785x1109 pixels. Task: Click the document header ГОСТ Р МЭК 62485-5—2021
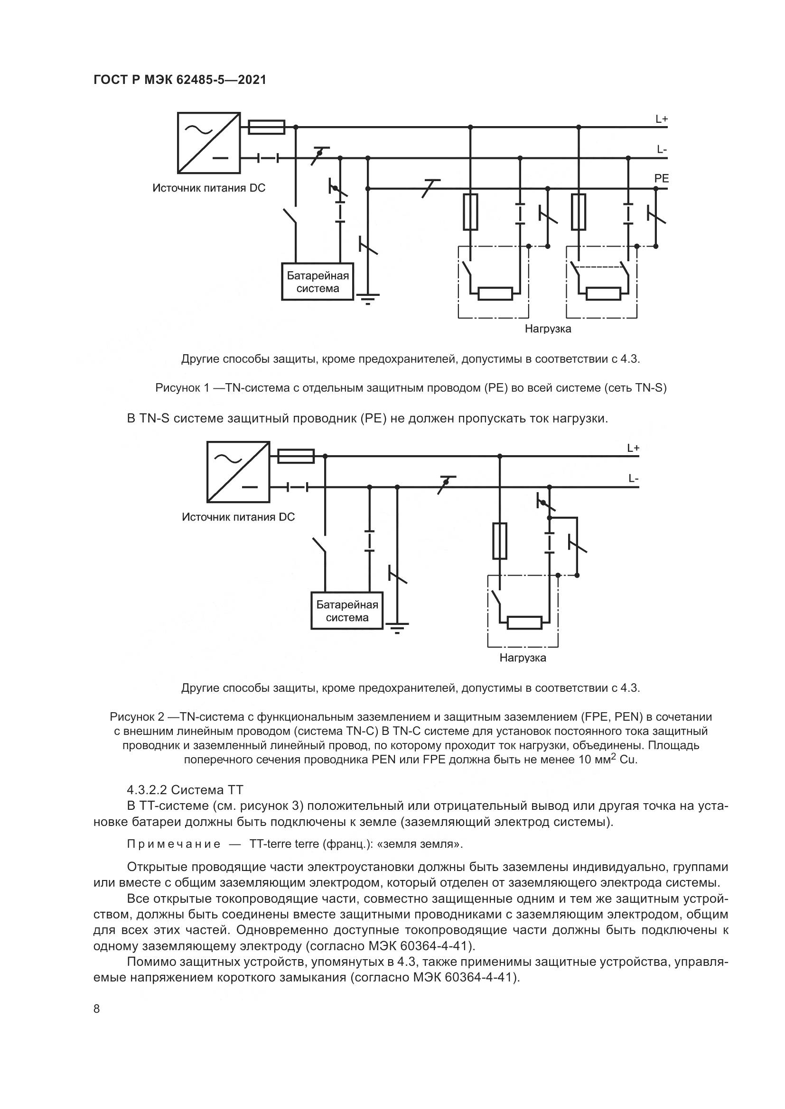(179, 80)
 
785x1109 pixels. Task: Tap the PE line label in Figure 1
(661, 178)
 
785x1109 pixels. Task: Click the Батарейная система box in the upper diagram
(318, 282)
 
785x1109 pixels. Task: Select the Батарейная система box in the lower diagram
(346, 611)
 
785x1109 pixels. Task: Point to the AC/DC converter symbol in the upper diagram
(209, 143)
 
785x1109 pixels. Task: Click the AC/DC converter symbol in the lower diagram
(238, 472)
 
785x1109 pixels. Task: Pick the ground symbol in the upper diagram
(368, 298)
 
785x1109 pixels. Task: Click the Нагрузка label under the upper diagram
(548, 329)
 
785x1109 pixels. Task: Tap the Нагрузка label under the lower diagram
(523, 658)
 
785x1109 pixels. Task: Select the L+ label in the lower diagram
(633, 448)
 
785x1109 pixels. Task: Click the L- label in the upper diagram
(662, 149)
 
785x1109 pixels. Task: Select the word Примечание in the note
(174, 844)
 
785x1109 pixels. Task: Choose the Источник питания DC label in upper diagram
(209, 188)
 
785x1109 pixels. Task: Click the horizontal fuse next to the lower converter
(296, 456)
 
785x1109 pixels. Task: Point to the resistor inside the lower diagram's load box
(524, 623)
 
